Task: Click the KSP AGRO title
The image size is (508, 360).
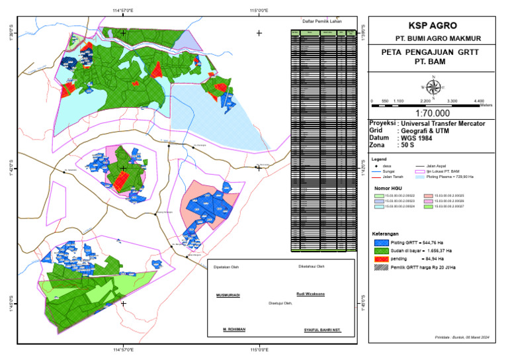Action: point(433,26)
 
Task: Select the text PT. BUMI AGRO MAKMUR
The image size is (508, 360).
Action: point(433,38)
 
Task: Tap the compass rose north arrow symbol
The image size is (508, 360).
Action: point(433,86)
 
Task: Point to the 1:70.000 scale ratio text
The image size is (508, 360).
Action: point(433,113)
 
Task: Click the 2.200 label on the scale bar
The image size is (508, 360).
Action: point(425,100)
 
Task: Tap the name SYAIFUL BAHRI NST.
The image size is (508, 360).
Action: point(322,329)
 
